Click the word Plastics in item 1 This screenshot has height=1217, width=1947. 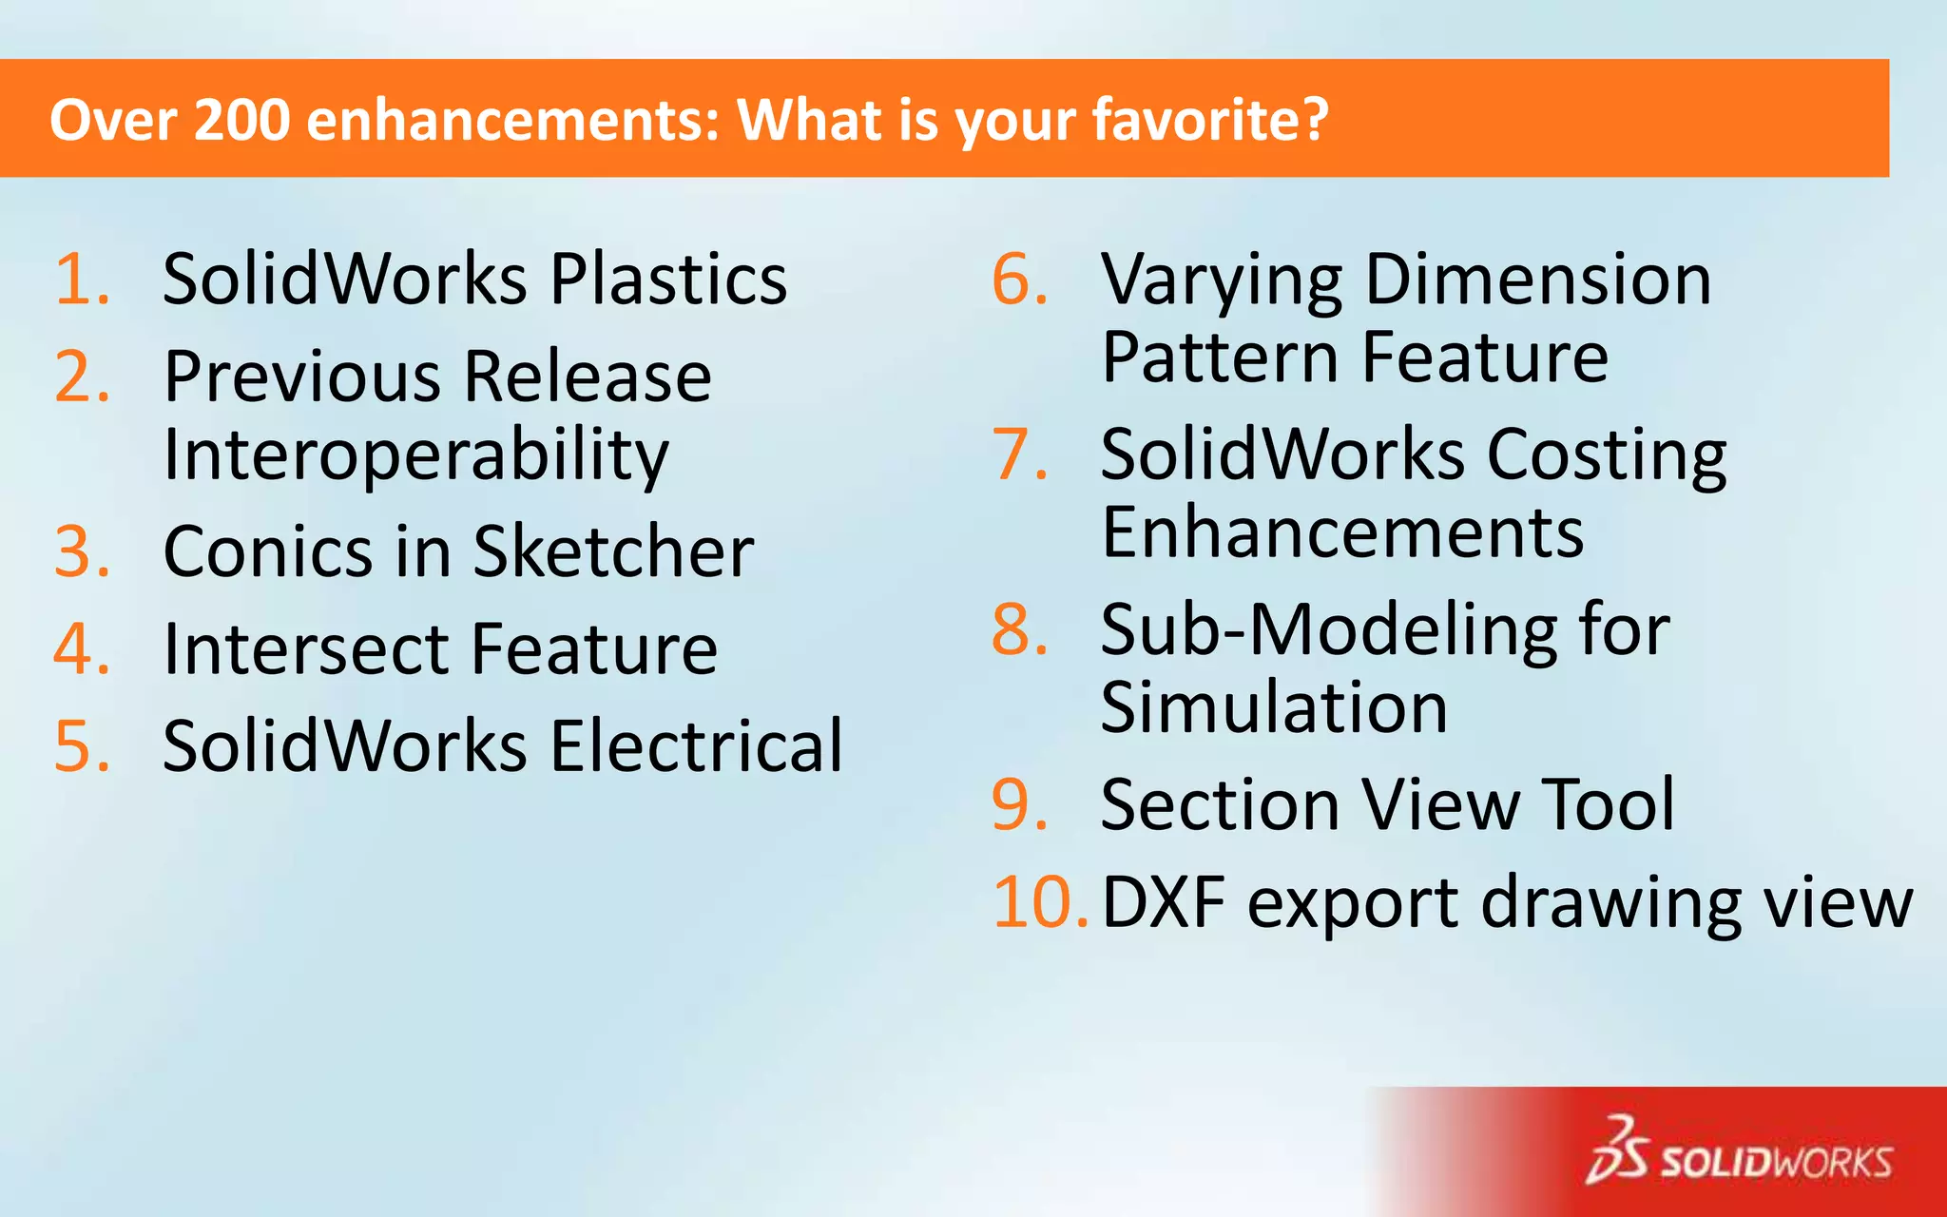(x=668, y=280)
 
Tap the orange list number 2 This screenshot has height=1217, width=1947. (x=82, y=377)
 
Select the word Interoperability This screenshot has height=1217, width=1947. (x=416, y=455)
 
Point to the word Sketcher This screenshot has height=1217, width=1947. (x=613, y=551)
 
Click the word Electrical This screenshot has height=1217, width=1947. (x=696, y=746)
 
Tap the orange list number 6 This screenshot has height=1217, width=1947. (x=1020, y=280)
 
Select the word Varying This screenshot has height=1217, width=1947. (x=1222, y=281)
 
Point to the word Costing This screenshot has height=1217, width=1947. (x=1606, y=455)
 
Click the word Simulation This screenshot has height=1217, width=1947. (x=1274, y=707)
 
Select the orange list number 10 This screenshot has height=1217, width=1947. (x=1038, y=902)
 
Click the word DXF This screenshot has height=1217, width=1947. (x=1163, y=902)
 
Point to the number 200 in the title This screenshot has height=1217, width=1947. (x=241, y=120)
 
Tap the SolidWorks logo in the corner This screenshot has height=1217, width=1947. (x=1739, y=1151)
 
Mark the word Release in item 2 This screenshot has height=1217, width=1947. (x=588, y=377)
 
